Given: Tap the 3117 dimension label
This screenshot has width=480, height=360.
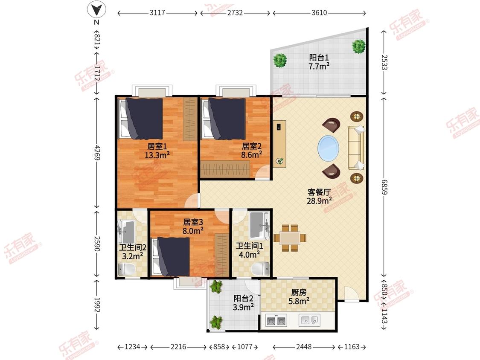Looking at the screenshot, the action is click(x=157, y=13).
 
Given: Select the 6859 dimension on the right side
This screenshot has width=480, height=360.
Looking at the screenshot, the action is click(x=384, y=186).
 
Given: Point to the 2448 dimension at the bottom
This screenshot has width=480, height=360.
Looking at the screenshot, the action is click(x=304, y=346).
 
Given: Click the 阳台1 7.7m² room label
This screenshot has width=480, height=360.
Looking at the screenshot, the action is click(x=319, y=62).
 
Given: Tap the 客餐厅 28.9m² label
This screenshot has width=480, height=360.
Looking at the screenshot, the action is click(x=319, y=197).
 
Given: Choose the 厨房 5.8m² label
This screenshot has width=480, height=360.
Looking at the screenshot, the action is click(x=299, y=297).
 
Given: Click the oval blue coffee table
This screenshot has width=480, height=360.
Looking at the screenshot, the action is click(x=328, y=148).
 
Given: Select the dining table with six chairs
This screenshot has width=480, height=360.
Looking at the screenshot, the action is click(x=290, y=238).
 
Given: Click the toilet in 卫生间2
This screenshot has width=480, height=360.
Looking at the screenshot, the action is click(x=127, y=270).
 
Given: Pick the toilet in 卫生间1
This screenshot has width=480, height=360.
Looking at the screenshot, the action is click(x=261, y=269).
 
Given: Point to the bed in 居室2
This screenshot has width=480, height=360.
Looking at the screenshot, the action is click(x=224, y=119).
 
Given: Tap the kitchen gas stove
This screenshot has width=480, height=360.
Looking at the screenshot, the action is click(x=277, y=320).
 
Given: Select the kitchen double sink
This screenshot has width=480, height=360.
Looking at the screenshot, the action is click(x=310, y=320).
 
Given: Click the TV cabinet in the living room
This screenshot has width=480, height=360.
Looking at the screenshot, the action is click(x=279, y=144).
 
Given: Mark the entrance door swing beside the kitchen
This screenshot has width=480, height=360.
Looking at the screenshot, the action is click(x=352, y=293).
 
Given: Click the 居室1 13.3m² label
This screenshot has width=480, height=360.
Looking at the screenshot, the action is click(x=157, y=151).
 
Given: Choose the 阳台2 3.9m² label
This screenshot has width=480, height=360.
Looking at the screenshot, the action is click(x=243, y=302).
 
